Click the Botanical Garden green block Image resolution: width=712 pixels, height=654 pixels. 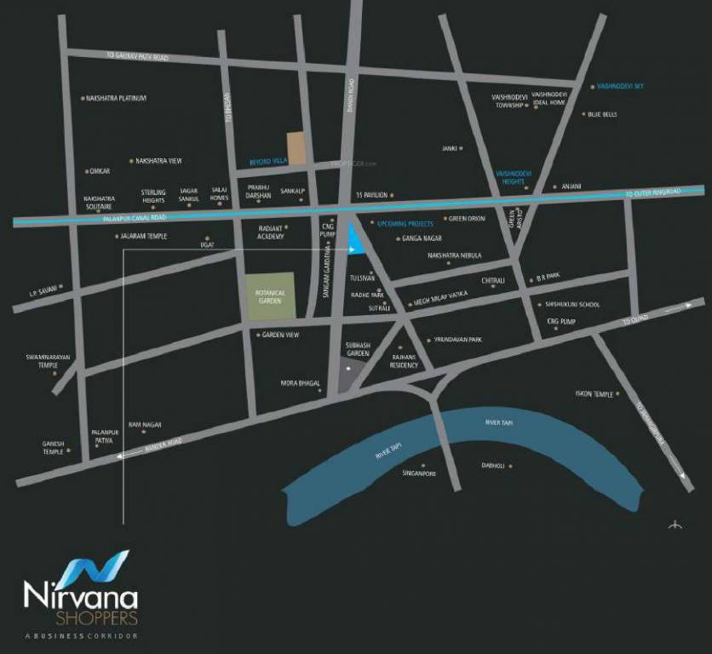[x=270, y=296]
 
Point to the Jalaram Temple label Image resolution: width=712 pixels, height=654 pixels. [x=142, y=236]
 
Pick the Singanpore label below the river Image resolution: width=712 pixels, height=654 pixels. [x=418, y=473]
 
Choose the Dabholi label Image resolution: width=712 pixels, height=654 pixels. [x=493, y=466]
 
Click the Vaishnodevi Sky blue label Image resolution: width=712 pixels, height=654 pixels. [x=620, y=86]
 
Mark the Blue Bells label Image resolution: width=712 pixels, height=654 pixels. [x=602, y=114]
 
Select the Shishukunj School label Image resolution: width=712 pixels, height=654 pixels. [x=568, y=304]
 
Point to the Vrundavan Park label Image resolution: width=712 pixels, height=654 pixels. [x=457, y=339]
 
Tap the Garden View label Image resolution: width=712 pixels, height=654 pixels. [x=280, y=335]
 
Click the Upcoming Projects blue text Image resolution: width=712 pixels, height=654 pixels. [x=405, y=223]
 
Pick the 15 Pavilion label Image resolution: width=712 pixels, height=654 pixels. [x=371, y=195]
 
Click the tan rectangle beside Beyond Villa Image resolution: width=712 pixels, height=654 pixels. [x=295, y=147]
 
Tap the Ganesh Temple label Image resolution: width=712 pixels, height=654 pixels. [x=53, y=447]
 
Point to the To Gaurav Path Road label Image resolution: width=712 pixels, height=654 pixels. [x=137, y=56]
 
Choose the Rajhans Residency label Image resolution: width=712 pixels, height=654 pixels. [x=405, y=360]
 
